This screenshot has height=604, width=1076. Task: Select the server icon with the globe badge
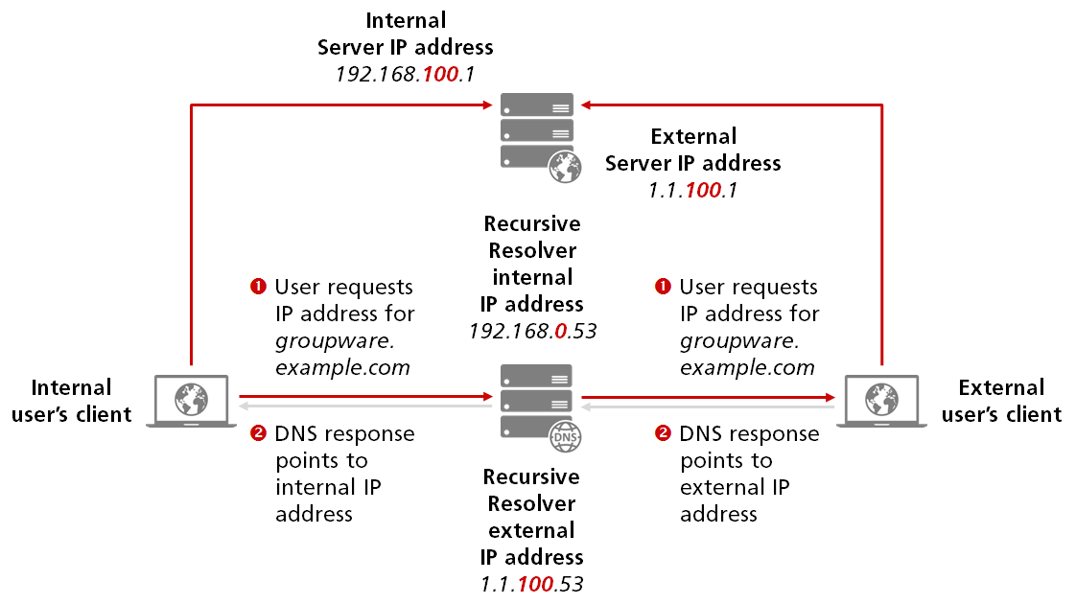click(x=537, y=134)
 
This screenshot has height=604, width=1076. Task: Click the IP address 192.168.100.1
click(x=405, y=74)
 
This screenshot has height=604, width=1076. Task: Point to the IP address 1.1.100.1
click(x=692, y=191)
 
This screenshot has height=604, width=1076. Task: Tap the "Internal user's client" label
click(x=72, y=401)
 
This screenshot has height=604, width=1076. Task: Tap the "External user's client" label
click(x=1002, y=401)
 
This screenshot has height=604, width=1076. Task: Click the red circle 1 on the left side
click(x=257, y=287)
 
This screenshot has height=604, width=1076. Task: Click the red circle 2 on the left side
click(x=257, y=434)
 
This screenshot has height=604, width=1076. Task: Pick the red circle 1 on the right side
click(x=662, y=287)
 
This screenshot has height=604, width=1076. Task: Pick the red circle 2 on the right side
click(x=662, y=434)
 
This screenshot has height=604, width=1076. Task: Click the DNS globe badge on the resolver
click(x=565, y=439)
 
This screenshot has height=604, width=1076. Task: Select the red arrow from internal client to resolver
click(x=364, y=395)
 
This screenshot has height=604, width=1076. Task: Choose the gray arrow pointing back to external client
click(x=710, y=407)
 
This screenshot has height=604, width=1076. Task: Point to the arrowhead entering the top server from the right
click(x=588, y=104)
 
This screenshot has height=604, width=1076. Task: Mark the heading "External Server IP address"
click(x=692, y=150)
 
